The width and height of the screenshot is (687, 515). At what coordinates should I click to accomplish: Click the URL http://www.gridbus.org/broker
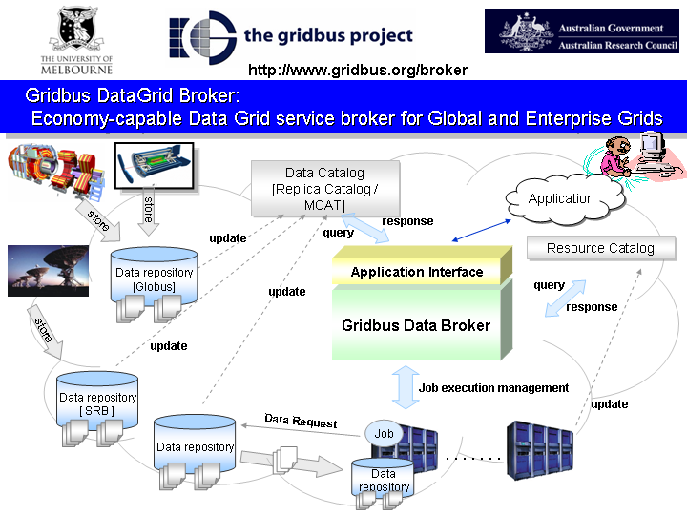click(357, 70)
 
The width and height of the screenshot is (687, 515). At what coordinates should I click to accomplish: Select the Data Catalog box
click(324, 189)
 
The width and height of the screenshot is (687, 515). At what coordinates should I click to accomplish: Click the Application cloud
click(561, 199)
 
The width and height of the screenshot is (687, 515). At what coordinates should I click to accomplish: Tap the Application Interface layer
click(417, 272)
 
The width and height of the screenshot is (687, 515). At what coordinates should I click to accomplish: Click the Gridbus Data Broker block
click(416, 325)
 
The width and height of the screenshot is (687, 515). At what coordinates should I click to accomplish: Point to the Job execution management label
click(492, 388)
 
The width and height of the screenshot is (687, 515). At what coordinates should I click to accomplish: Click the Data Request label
click(301, 421)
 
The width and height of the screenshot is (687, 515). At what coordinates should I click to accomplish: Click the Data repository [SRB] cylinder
click(97, 403)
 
